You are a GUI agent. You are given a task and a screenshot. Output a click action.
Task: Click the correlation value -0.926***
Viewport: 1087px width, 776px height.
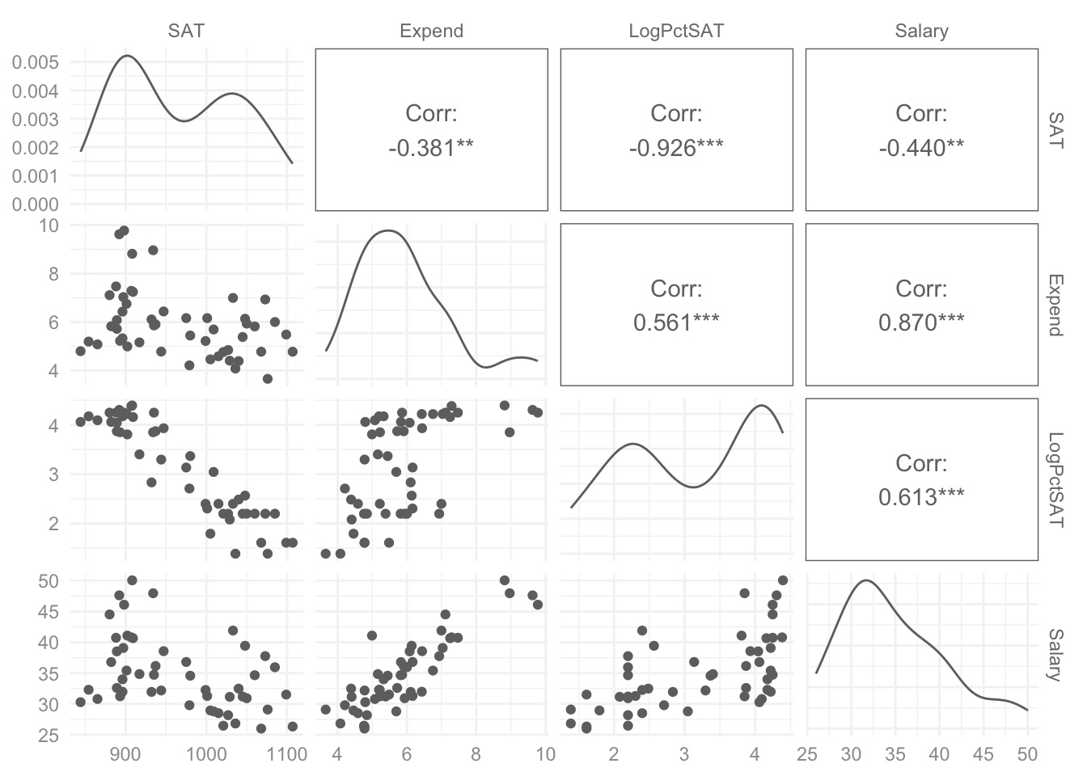click(x=676, y=147)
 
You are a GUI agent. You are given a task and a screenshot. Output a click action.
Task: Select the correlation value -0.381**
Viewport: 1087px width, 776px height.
click(x=431, y=147)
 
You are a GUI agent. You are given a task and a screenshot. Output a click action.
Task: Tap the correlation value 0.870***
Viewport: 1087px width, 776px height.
click(x=921, y=322)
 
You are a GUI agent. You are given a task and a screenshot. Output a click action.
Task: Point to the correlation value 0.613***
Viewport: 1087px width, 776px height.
click(x=921, y=496)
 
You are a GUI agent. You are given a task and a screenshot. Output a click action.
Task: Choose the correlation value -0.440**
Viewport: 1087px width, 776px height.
click(x=921, y=147)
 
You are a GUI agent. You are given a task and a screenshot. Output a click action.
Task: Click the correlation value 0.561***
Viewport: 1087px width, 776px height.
click(x=676, y=322)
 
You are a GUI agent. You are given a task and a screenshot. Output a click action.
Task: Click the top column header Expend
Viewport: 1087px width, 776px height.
click(x=431, y=31)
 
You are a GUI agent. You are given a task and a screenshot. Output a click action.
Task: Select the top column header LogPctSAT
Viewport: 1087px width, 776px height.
click(x=676, y=31)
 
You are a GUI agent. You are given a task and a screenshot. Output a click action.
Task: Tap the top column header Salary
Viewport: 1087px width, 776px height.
click(x=921, y=31)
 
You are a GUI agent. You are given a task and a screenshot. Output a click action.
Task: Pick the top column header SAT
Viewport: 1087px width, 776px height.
click(x=186, y=31)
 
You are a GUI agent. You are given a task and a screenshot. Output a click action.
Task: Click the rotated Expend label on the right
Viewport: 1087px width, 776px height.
click(x=1056, y=305)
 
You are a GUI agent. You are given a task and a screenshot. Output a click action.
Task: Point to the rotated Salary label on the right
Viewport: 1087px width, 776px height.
click(x=1056, y=656)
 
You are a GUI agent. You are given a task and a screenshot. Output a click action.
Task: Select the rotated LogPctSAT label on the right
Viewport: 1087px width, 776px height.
click(x=1056, y=479)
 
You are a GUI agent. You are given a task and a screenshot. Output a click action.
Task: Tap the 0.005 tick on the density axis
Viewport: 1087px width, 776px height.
click(x=35, y=62)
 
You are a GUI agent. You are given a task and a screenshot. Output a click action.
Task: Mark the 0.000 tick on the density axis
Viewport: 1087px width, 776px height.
click(x=35, y=205)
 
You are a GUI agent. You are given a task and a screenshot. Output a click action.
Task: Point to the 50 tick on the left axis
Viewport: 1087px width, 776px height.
click(x=49, y=580)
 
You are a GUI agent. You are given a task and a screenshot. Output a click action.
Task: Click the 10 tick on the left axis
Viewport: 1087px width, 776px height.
click(x=49, y=225)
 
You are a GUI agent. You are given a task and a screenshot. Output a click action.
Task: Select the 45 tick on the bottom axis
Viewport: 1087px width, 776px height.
click(x=983, y=755)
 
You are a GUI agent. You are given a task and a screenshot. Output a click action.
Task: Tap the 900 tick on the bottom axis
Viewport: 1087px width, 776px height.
click(x=125, y=755)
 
